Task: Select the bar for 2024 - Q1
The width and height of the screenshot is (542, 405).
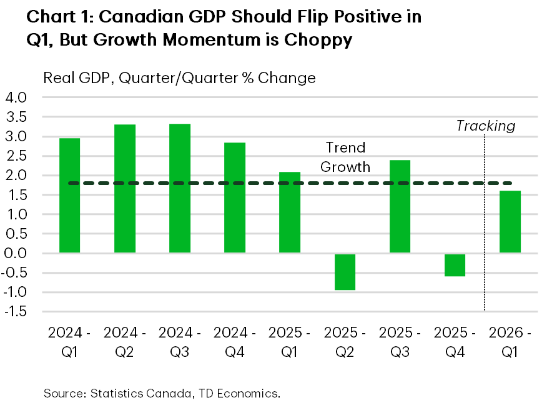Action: (69, 195)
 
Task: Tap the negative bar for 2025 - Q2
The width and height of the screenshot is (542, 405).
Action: (345, 272)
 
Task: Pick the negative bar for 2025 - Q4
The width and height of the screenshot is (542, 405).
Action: (455, 265)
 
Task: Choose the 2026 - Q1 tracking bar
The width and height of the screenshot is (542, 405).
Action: (510, 221)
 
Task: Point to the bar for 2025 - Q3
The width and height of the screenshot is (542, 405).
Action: (400, 206)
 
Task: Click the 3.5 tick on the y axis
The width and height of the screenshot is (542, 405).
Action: (17, 117)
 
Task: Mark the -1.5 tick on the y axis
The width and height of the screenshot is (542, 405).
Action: (15, 311)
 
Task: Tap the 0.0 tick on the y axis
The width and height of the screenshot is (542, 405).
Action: (17, 253)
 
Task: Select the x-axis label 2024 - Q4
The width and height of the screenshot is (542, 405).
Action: (235, 342)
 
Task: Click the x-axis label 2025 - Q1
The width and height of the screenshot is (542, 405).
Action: (290, 342)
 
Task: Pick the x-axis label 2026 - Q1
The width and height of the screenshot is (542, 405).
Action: (510, 342)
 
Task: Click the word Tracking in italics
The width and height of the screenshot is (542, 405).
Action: (485, 126)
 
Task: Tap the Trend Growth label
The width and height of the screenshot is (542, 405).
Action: (345, 157)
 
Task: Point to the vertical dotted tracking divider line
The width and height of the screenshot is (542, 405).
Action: (485, 250)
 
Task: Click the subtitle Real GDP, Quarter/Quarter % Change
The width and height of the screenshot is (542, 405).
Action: (179, 78)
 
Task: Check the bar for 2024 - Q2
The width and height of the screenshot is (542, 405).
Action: (125, 188)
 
